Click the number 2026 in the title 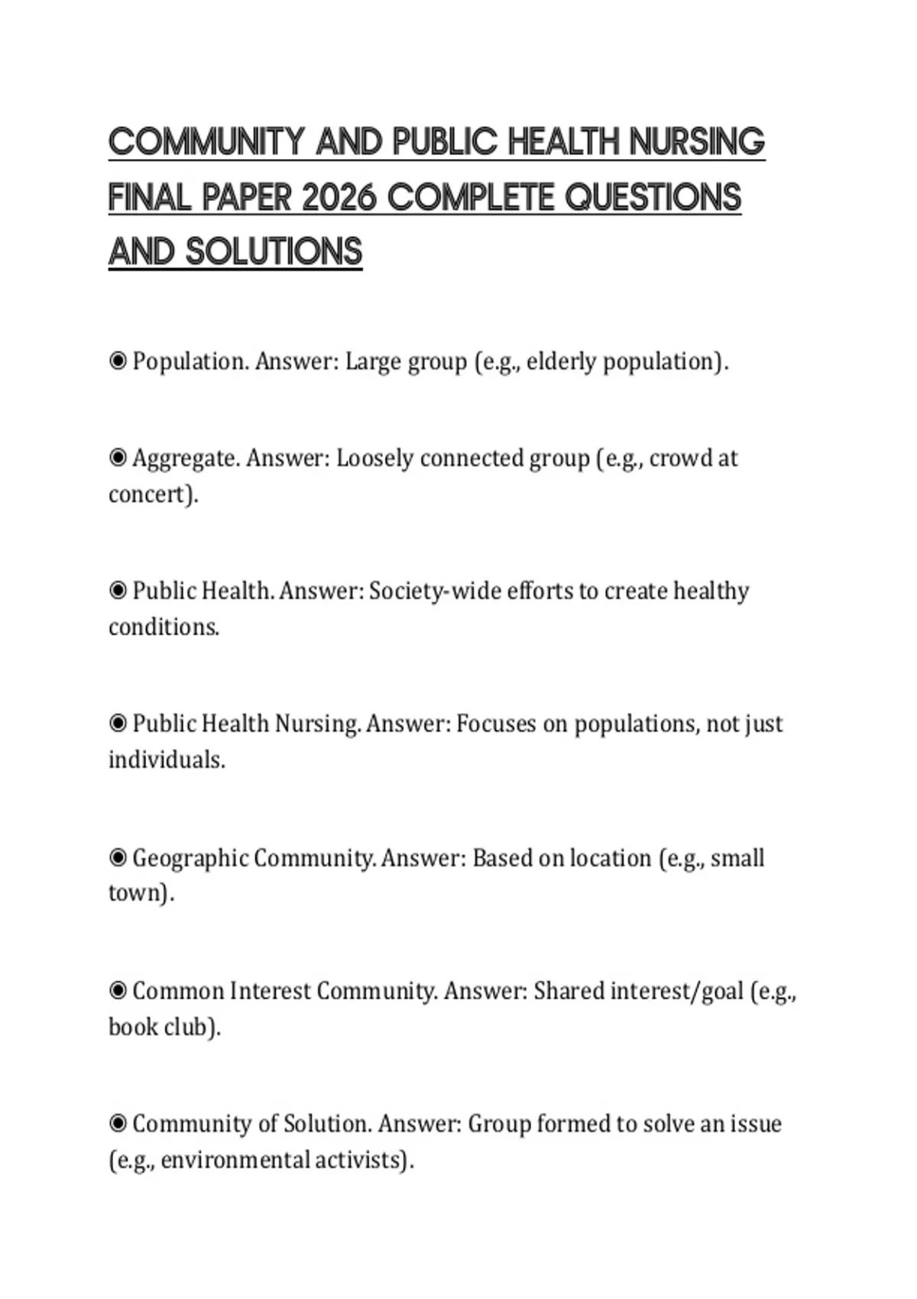[x=339, y=198]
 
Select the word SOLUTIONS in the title [x=274, y=253]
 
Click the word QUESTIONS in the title [x=653, y=198]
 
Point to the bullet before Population [x=118, y=361]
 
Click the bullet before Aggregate [x=118, y=458]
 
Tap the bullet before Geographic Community [x=118, y=858]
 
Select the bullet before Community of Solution [x=118, y=1123]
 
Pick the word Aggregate [x=186, y=458]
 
